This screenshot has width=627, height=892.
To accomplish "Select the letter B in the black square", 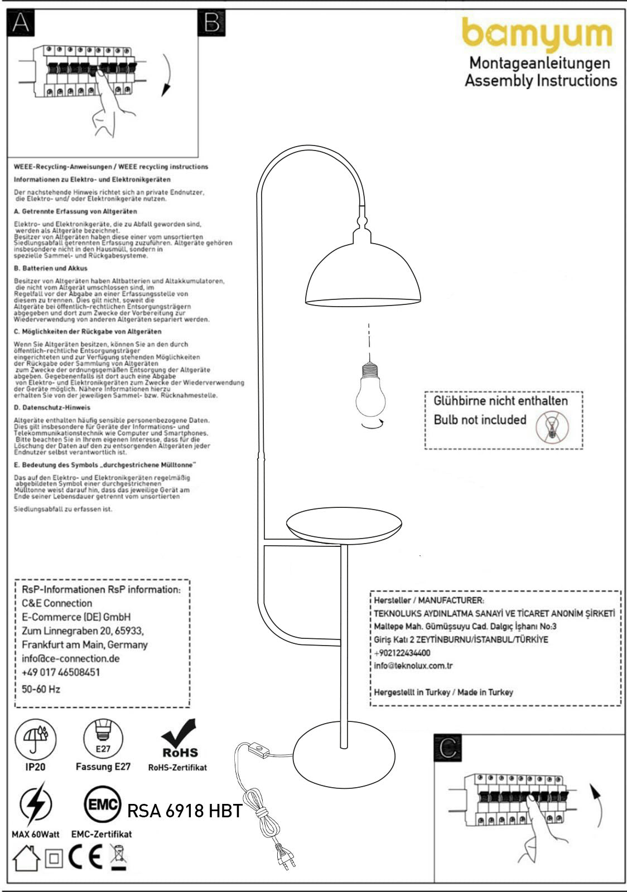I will coord(211,23).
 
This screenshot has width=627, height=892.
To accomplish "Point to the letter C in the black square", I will coord(448,748).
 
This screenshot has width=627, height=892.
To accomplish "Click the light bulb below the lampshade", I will coord(371,390).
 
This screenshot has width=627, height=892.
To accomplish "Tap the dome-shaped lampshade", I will coord(363,273).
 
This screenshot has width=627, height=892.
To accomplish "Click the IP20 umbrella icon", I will coord(36,738).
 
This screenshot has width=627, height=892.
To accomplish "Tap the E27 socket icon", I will coord(103,738).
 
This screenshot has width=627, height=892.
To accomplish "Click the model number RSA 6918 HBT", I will coord(185,811).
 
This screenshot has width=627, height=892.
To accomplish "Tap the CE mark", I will coord(85,857).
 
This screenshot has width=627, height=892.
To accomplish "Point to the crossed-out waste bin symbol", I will coord(118,857).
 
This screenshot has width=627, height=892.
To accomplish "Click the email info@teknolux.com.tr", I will coord(413,666).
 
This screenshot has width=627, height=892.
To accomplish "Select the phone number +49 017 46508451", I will coord(61,672).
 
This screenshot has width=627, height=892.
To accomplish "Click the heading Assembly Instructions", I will coord(541,80).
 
